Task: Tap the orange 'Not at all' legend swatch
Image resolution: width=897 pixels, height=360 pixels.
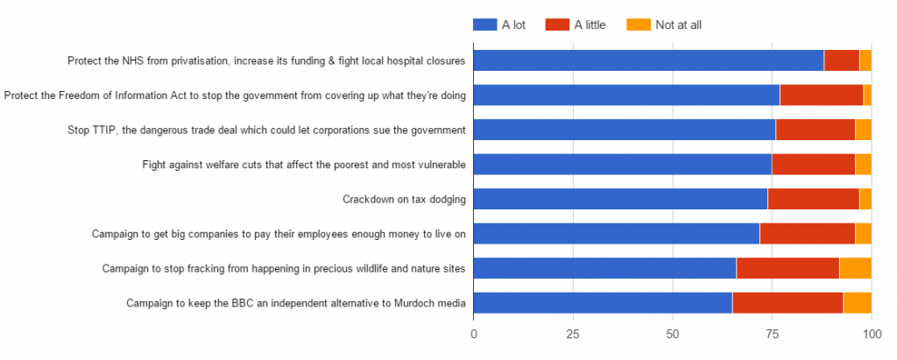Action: pyautogui.click(x=639, y=25)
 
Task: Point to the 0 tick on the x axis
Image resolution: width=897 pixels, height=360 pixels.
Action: pyautogui.click(x=474, y=334)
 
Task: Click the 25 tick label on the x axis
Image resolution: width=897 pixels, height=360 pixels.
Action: pyautogui.click(x=573, y=334)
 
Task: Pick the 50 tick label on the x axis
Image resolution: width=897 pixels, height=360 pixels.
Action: pyautogui.click(x=673, y=334)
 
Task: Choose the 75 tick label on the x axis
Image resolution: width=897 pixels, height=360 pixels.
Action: pyautogui.click(x=772, y=334)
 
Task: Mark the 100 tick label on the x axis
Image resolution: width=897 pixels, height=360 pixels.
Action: pyautogui.click(x=871, y=334)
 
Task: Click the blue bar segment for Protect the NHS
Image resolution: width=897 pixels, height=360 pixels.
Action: pyautogui.click(x=648, y=60)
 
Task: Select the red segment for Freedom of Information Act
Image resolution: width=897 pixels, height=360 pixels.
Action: pyautogui.click(x=821, y=95)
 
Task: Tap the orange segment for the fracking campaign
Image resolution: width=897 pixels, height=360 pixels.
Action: pyautogui.click(x=855, y=268)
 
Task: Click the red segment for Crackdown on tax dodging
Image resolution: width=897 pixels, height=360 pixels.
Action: pyautogui.click(x=813, y=199)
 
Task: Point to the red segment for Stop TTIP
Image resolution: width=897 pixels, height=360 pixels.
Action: pyautogui.click(x=815, y=130)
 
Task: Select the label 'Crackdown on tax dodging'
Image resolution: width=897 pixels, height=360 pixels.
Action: pyautogui.click(x=404, y=200)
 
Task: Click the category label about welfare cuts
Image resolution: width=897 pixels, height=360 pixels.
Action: pyautogui.click(x=304, y=165)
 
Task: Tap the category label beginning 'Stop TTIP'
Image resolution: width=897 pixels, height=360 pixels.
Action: pyautogui.click(x=266, y=131)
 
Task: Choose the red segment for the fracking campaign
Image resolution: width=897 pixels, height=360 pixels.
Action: pyautogui.click(x=788, y=268)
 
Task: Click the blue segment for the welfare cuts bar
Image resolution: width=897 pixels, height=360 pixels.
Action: pyautogui.click(x=623, y=164)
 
